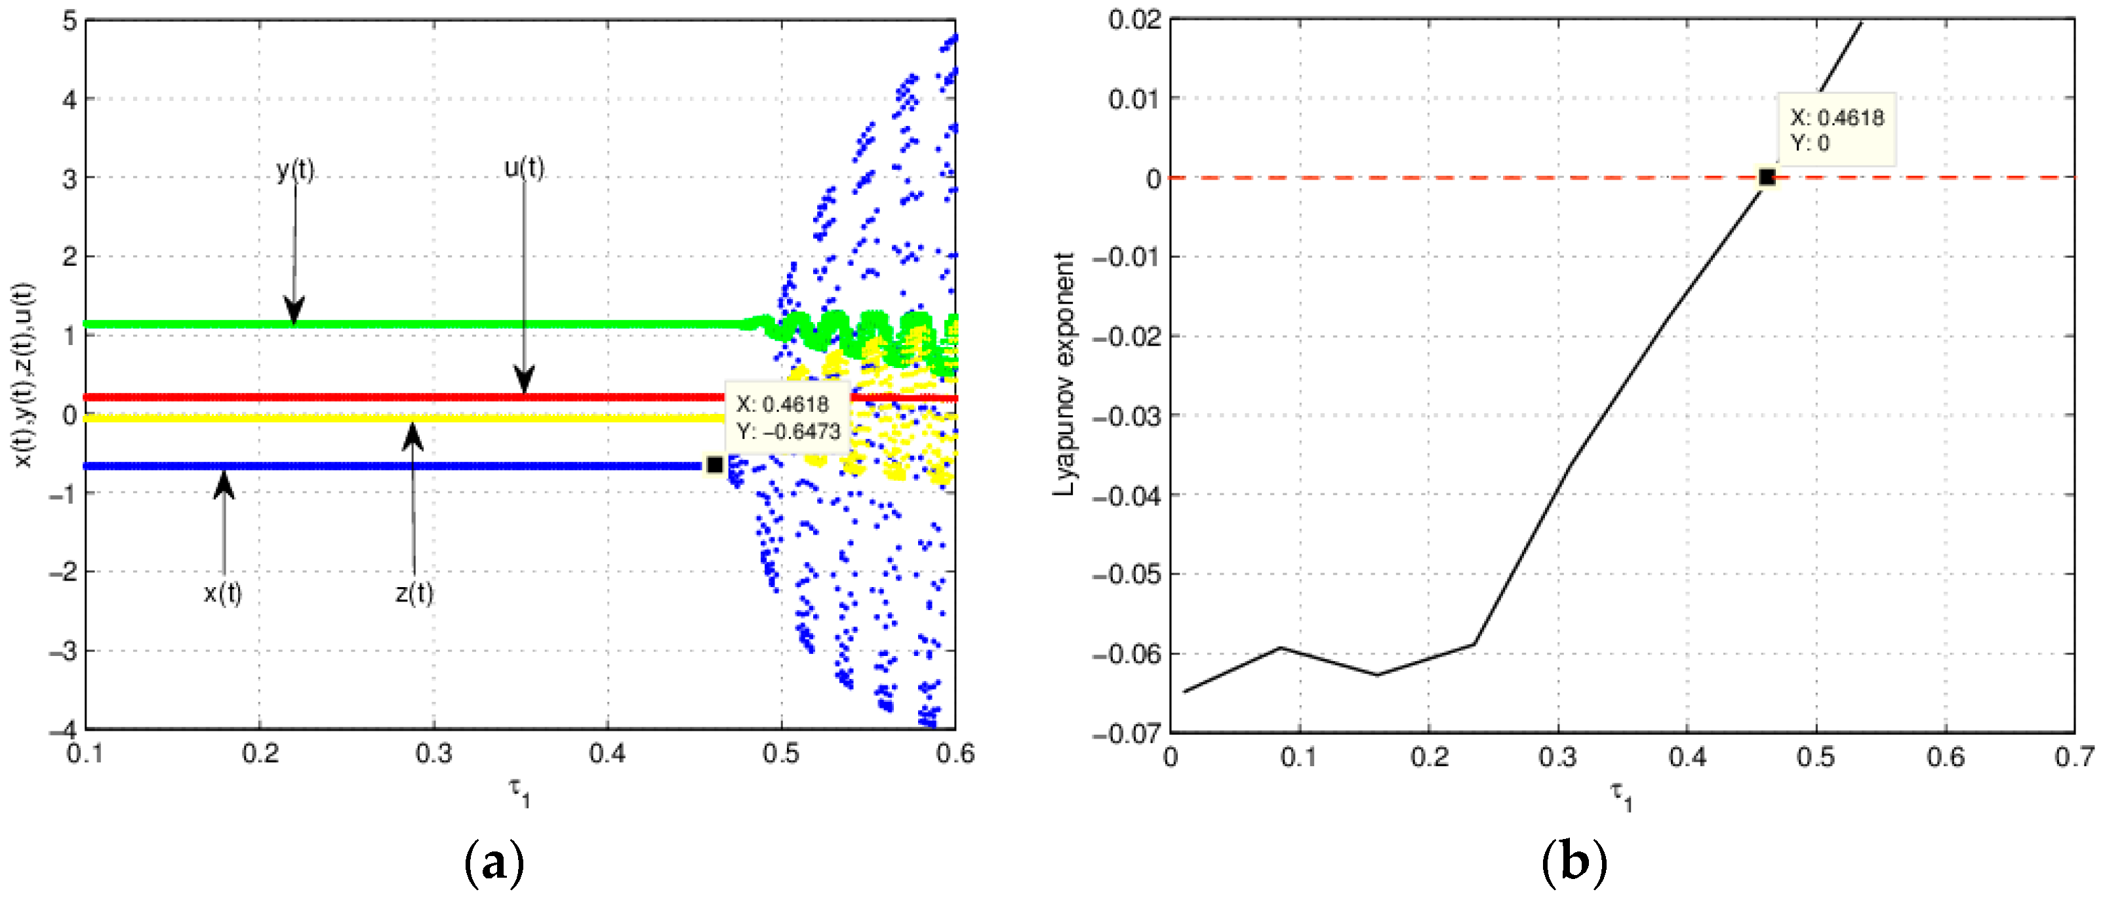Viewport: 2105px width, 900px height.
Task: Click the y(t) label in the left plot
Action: [295, 169]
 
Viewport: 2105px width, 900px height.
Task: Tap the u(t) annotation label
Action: [524, 167]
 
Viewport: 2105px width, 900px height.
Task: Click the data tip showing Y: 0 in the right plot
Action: [1836, 129]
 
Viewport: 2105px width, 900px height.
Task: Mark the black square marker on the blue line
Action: [715, 464]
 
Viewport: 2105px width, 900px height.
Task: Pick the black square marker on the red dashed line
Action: [1767, 176]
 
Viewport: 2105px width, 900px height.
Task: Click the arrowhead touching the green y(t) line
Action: [294, 312]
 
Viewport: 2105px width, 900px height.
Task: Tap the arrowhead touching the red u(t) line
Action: [525, 382]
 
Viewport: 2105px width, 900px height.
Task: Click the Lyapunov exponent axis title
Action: [1064, 375]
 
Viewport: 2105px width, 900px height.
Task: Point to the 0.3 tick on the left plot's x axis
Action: [434, 753]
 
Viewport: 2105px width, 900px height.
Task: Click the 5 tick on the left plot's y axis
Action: [70, 20]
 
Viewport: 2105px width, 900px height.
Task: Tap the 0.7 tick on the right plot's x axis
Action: [2074, 757]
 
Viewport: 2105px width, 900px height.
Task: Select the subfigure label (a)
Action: [494, 863]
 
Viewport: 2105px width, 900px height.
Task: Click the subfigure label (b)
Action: [1574, 863]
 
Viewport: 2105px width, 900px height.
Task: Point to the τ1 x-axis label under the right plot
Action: [1621, 794]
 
